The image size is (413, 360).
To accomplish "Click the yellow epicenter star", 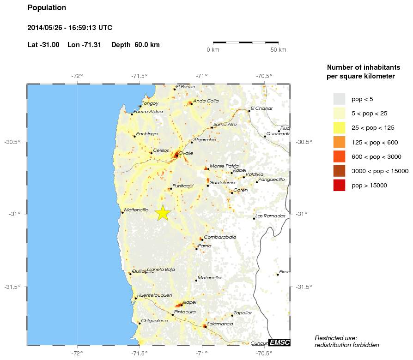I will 163,213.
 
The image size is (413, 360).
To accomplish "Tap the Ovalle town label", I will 186,153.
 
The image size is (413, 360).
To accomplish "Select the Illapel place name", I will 190,302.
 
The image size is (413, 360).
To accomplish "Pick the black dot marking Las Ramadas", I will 254,218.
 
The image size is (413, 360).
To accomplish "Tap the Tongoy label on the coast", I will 150,103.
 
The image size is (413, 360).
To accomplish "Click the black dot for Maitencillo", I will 122,212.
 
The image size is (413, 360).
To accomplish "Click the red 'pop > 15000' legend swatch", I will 339,186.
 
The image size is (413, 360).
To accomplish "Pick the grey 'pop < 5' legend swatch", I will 339,99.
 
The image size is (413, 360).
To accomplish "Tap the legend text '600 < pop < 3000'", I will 377,156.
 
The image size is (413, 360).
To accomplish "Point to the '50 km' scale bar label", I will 278,50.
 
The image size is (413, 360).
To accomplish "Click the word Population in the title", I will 47,8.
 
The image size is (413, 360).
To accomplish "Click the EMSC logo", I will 279,342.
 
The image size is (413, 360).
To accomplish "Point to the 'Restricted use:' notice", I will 336,338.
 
